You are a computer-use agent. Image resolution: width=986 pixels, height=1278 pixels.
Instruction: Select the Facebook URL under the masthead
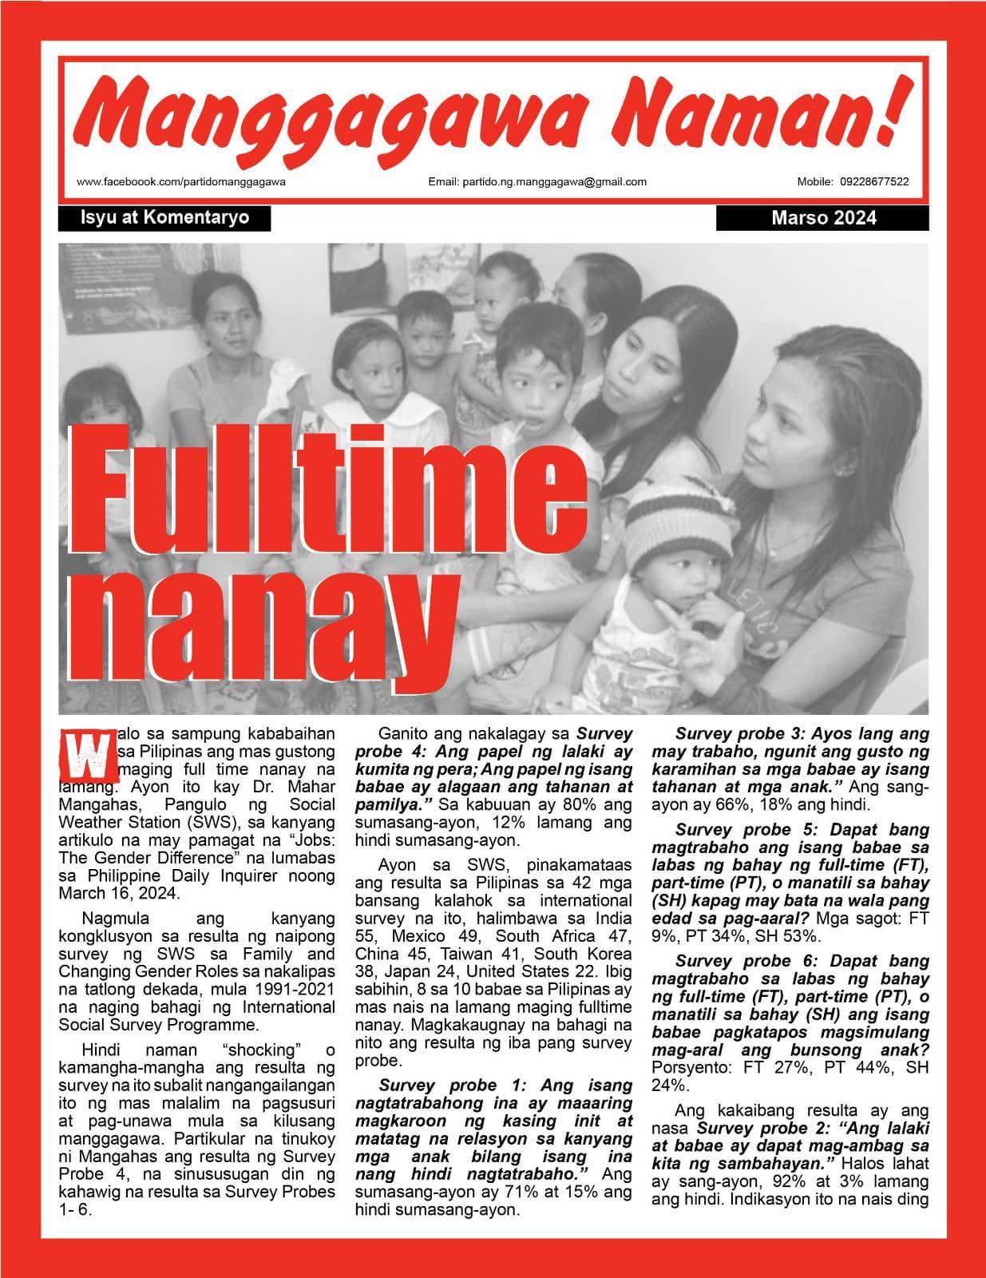click(x=181, y=181)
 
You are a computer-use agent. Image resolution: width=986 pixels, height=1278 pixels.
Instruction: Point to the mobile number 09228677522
click(x=874, y=181)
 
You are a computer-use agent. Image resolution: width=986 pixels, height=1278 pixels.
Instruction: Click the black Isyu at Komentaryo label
click(x=164, y=218)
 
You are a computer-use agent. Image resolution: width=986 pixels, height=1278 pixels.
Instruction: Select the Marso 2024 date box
click(x=823, y=218)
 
